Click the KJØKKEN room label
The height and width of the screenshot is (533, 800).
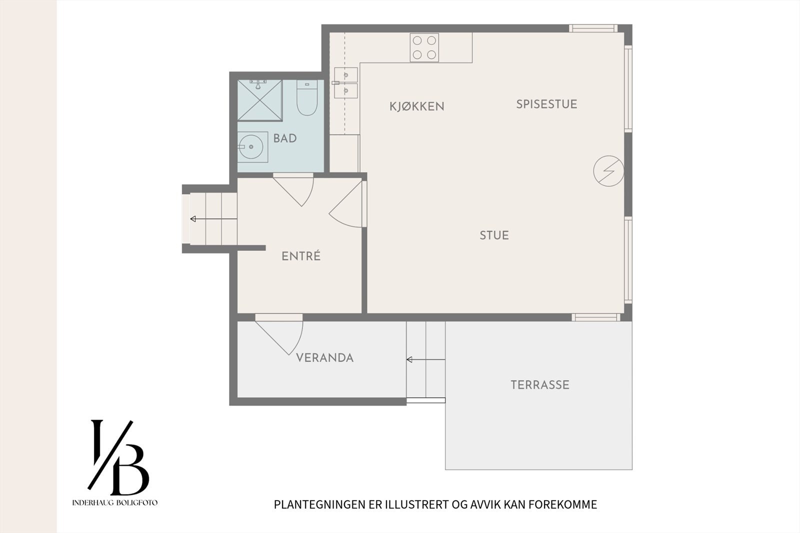pos(417,106)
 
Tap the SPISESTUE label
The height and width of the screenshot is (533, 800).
pos(547,104)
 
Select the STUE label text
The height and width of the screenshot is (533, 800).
pos(494,235)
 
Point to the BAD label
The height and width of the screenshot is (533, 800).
pos(285,138)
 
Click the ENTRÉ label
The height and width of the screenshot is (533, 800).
pos(301,256)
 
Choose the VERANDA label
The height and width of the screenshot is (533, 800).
pos(325,358)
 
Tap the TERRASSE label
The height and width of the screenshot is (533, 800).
pos(540,384)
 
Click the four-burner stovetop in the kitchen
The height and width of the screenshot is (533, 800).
pos(424,47)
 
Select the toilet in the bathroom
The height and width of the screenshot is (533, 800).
pos(307,97)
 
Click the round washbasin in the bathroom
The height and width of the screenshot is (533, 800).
pos(250,147)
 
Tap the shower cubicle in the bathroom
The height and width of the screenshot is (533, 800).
pos(260,100)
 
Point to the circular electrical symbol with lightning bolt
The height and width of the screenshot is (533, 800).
pos(608,171)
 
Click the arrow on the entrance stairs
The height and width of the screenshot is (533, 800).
pos(213,218)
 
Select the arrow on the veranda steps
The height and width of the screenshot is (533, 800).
pos(425,359)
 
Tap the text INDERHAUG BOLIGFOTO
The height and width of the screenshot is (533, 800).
pos(115,502)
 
